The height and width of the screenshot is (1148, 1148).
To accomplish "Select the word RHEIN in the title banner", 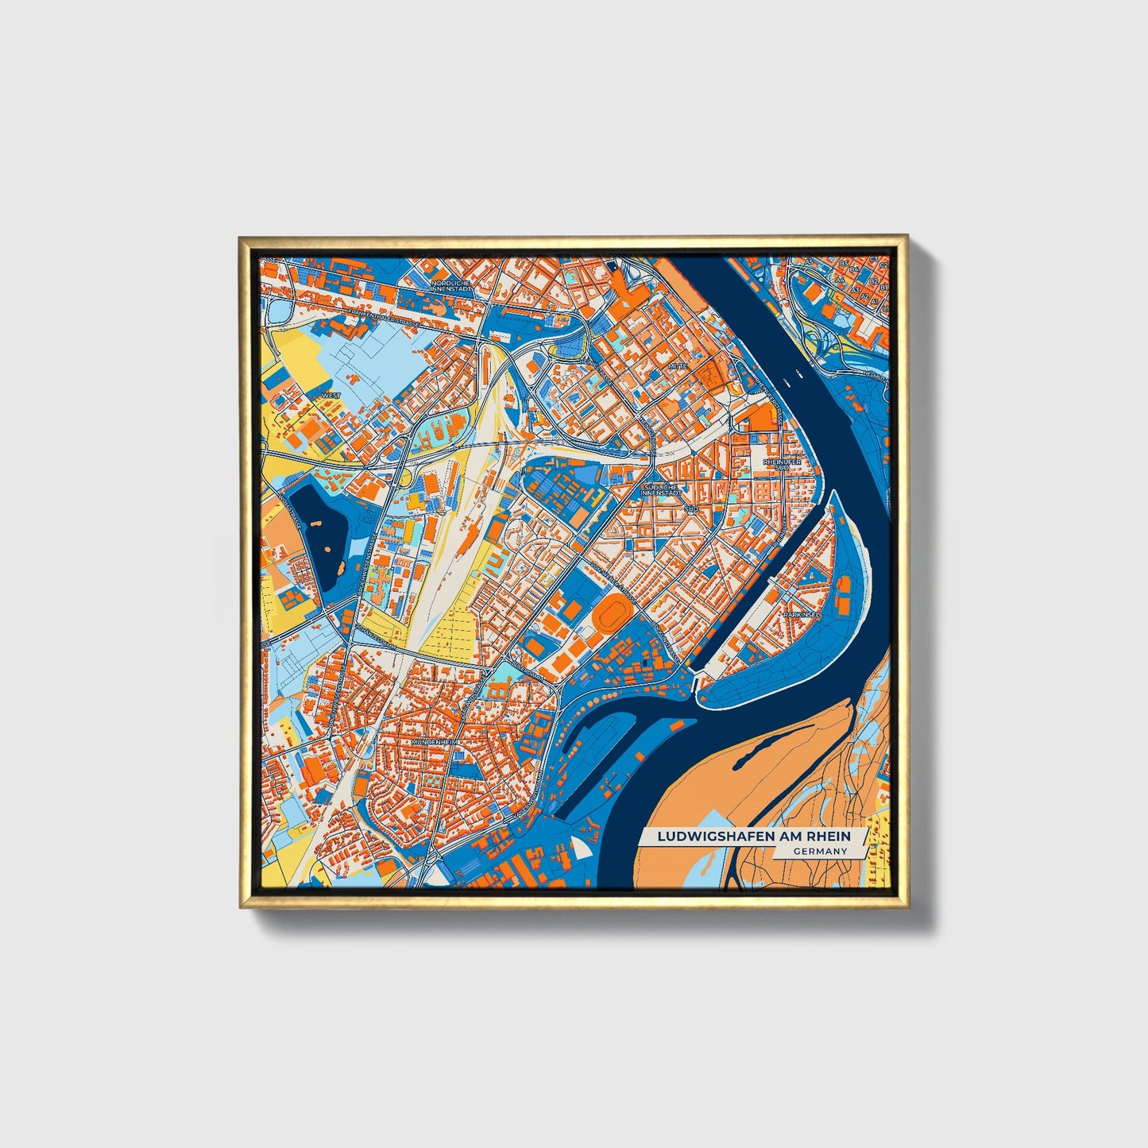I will (830, 837).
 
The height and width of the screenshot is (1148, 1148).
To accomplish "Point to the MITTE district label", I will (677, 366).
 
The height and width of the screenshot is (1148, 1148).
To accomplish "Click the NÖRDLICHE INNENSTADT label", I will (450, 286).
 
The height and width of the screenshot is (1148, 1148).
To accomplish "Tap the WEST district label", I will (330, 395).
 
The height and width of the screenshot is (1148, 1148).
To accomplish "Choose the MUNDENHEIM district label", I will (431, 742).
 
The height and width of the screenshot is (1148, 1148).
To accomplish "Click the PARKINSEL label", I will (799, 614).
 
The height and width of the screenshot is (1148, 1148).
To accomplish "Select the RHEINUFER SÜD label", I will (782, 464).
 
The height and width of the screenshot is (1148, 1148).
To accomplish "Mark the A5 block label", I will (810, 261).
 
